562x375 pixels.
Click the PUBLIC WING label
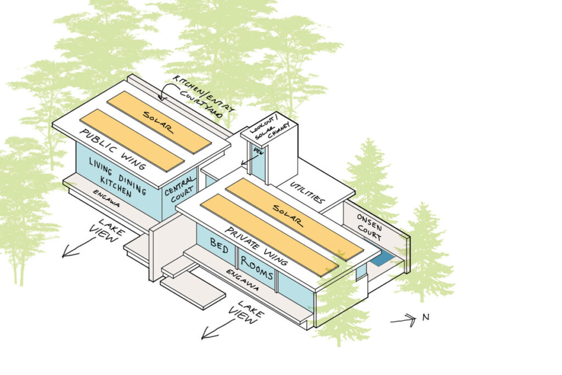click(112, 149)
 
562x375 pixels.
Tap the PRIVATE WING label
click(256, 247)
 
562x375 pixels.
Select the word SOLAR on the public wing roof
click(158, 122)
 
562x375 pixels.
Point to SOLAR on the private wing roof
click(288, 215)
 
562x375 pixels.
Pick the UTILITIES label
click(307, 193)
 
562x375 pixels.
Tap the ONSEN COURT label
click(369, 227)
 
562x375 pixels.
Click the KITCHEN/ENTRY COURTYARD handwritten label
click(203, 96)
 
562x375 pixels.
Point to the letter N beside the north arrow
click(425, 317)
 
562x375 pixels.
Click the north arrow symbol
click(403, 320)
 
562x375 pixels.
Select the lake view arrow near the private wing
click(218, 329)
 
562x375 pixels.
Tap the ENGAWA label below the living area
click(106, 198)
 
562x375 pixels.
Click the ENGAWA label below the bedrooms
click(242, 280)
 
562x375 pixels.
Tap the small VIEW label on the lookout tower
click(259, 152)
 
